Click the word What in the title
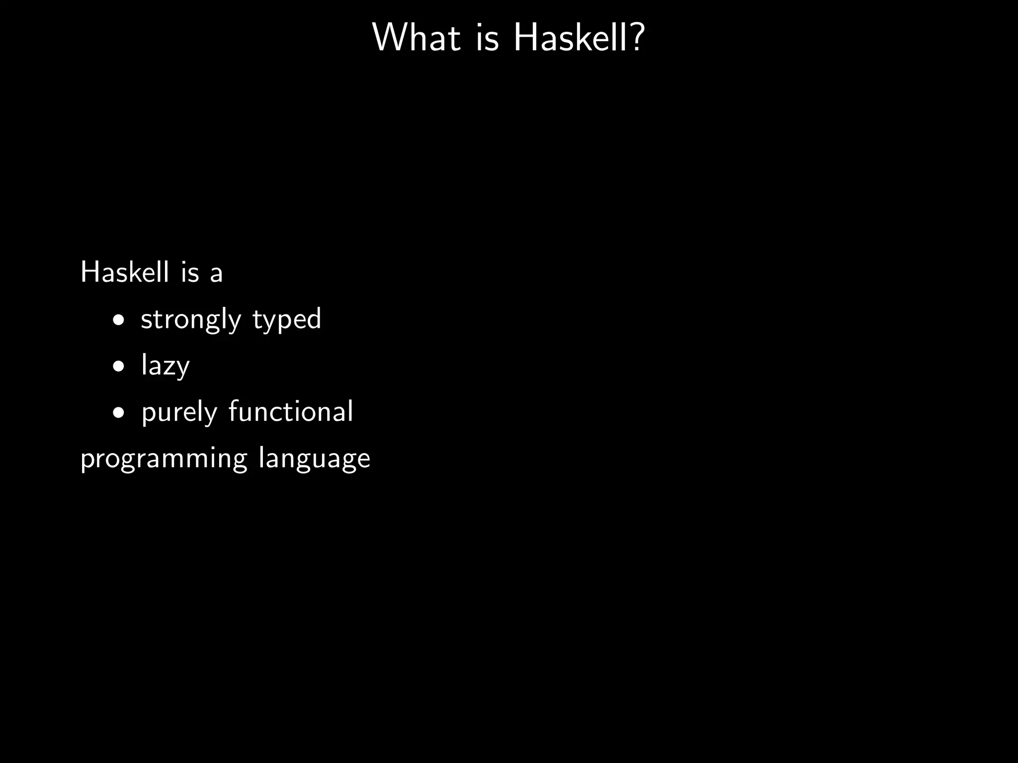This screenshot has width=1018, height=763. tap(416, 37)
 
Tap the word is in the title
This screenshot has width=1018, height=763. tap(487, 38)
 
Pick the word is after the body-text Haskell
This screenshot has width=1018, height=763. tap(190, 272)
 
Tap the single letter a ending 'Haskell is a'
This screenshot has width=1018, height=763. tap(216, 274)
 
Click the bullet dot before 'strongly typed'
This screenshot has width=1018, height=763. tap(118, 320)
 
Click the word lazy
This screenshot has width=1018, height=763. tap(166, 366)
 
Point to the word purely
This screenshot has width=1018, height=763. tap(179, 413)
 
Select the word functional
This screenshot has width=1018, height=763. tap(291, 411)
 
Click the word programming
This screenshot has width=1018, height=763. tap(164, 459)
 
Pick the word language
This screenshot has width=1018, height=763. tap(314, 459)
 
